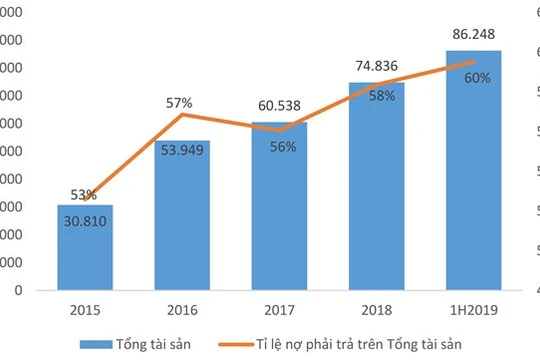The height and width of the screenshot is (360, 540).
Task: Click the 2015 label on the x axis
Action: tap(85, 308)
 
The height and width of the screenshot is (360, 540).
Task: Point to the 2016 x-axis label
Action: tap(182, 308)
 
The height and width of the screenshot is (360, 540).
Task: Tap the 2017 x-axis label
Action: tap(279, 308)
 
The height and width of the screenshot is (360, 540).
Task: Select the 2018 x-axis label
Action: tap(376, 308)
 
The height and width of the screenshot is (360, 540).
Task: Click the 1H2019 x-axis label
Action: tap(473, 308)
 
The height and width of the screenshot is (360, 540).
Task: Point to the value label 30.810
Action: tap(85, 218)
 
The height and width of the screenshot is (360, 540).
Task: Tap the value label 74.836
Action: tap(376, 67)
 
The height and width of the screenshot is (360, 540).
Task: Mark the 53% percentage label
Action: tap(84, 195)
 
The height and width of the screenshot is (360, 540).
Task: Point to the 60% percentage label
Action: tap(476, 78)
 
